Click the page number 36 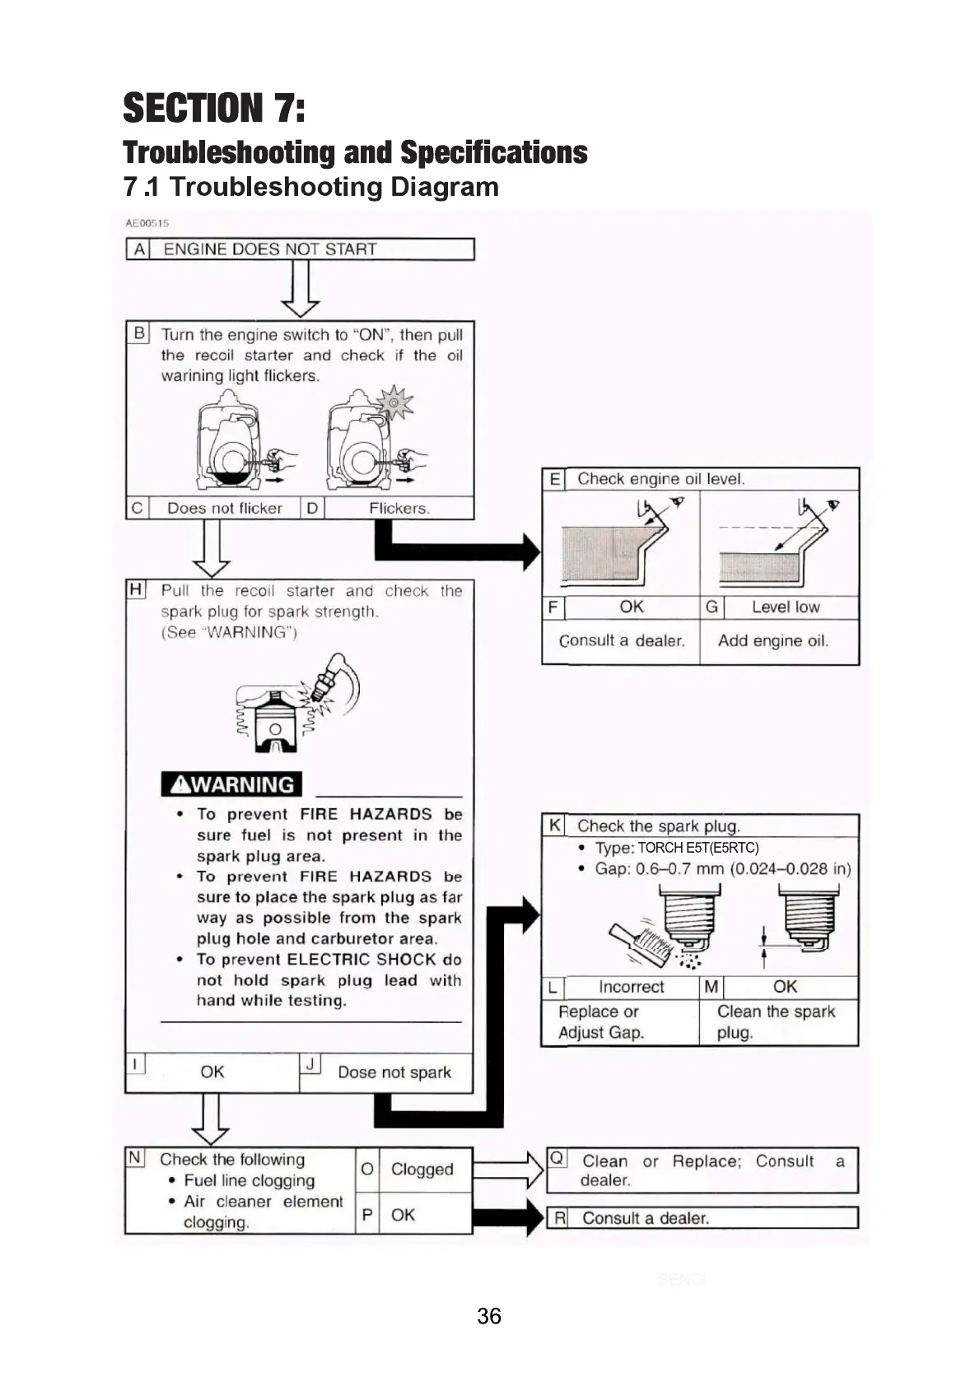tap(488, 1316)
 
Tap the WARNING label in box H tap(231, 784)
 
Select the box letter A tap(138, 249)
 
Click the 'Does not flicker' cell tap(224, 509)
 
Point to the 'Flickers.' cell tap(399, 509)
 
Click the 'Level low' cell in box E tap(785, 607)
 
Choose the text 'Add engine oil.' tap(772, 640)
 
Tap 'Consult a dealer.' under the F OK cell tap(622, 640)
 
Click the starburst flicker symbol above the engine tap(394, 403)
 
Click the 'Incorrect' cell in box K tap(631, 987)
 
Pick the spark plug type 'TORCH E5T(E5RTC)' tap(698, 848)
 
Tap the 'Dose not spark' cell tap(394, 1072)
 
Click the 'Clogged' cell tap(422, 1170)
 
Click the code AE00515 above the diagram tap(147, 223)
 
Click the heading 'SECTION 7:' tap(214, 109)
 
